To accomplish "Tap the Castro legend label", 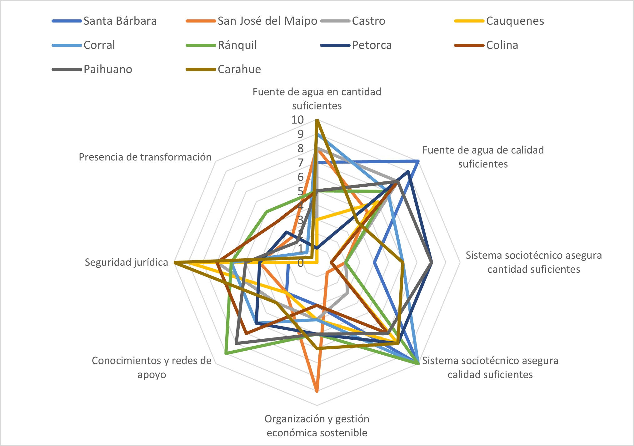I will pyautogui.click(x=368, y=21).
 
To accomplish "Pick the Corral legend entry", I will pyautogui.click(x=99, y=45).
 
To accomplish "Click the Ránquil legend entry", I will pyautogui.click(x=237, y=45).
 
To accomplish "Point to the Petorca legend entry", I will pyautogui.click(x=372, y=45).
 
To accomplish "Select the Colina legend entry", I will pyautogui.click(x=502, y=45).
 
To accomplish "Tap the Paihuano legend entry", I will pyautogui.click(x=108, y=69).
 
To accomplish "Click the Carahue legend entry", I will pyautogui.click(x=239, y=69).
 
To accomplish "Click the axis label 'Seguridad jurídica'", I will pyautogui.click(x=126, y=262).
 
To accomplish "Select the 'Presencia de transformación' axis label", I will pyautogui.click(x=145, y=157).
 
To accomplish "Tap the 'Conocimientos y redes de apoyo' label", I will pyautogui.click(x=152, y=367).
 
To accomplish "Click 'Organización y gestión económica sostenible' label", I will pyautogui.click(x=317, y=425).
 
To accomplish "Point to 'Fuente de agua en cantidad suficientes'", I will pyautogui.click(x=317, y=99).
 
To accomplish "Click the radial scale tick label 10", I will pyautogui.click(x=297, y=120).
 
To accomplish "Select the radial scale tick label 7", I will pyautogui.click(x=300, y=163).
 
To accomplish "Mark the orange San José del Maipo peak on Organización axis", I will pyautogui.click(x=317, y=391).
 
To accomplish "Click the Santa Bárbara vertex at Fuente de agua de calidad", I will pyautogui.click(x=418, y=161).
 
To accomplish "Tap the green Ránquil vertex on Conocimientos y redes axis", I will pyautogui.click(x=226, y=354).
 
